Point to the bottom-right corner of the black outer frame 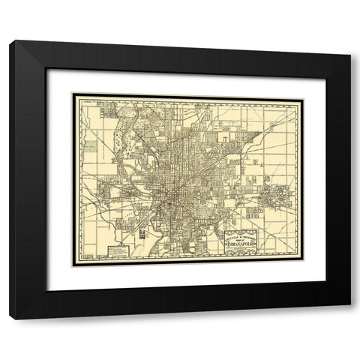[350, 319]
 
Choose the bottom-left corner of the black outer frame [10, 319]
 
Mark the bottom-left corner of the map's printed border [72, 267]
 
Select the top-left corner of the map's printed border [72, 94]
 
